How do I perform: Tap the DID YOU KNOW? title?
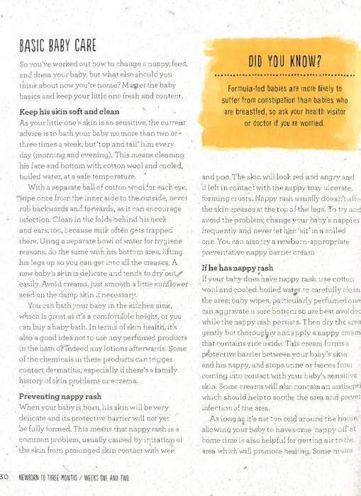tap(282, 62)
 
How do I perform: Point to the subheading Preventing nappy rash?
tap(60, 396)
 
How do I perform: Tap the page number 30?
tap(4, 475)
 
